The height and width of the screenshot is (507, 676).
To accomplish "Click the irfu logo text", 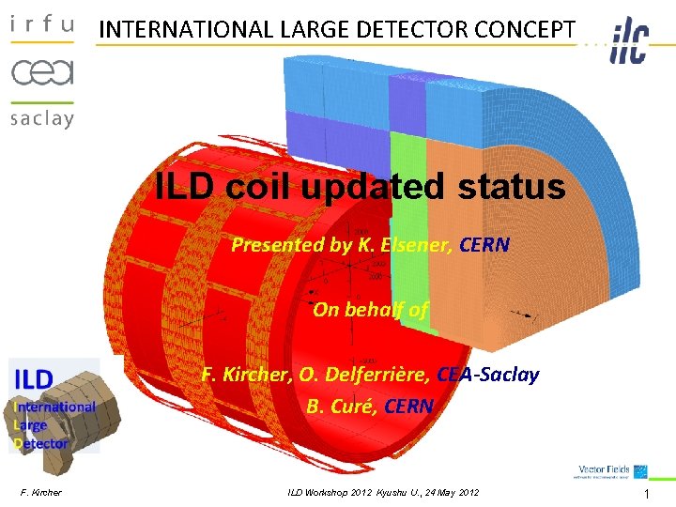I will pyautogui.click(x=41, y=25).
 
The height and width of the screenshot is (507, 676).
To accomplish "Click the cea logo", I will pyautogui.click(x=41, y=71).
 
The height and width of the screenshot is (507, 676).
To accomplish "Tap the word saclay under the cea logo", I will pyautogui.click(x=41, y=118).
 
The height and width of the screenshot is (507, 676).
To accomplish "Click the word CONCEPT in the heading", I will pyautogui.click(x=528, y=29).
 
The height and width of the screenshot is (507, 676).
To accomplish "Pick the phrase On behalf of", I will pyautogui.click(x=370, y=310).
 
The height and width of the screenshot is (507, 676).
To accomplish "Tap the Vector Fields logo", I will pyautogui.click(x=612, y=471).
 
